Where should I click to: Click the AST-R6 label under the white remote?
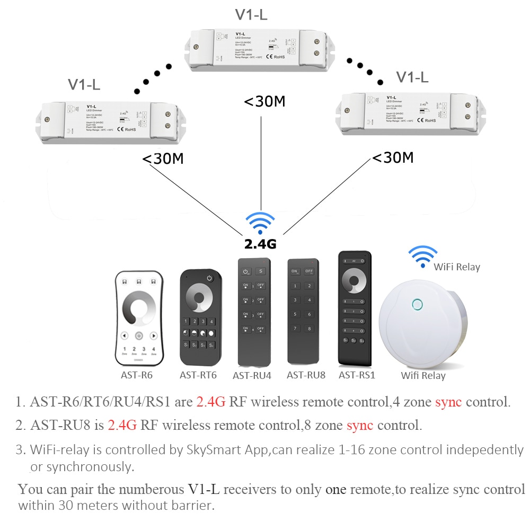[137, 375]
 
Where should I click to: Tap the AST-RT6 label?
[198, 375]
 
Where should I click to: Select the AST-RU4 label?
[252, 376]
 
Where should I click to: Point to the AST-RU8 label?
[306, 375]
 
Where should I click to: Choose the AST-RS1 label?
[357, 375]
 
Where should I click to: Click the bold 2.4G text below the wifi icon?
[260, 244]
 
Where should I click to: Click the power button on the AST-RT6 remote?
[209, 278]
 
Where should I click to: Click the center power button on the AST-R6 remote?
[138, 335]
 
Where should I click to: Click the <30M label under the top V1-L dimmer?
[264, 101]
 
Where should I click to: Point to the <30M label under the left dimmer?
[163, 158]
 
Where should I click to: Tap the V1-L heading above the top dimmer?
[251, 15]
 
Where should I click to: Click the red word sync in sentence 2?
[360, 425]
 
